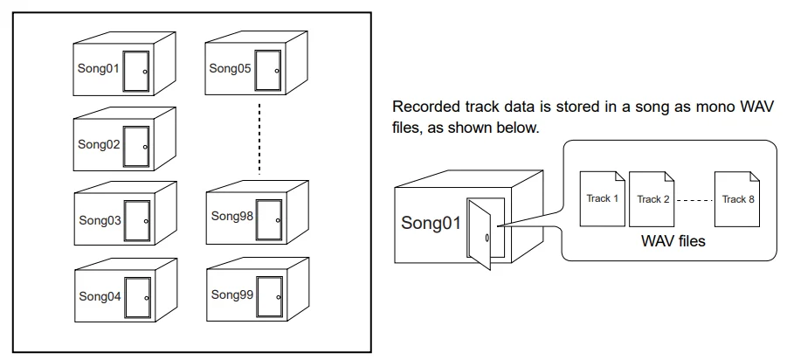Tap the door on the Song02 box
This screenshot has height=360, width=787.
pyautogui.click(x=136, y=145)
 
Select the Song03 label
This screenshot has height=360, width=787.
pyautogui.click(x=100, y=221)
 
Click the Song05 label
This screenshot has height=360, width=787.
pyautogui.click(x=230, y=67)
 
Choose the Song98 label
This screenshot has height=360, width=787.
pyautogui.click(x=231, y=216)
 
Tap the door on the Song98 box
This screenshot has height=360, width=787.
pyautogui.click(x=268, y=218)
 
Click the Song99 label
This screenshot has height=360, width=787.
pyautogui.click(x=231, y=294)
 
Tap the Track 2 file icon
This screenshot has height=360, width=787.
pyautogui.click(x=653, y=200)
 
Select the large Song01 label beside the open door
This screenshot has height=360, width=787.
pyautogui.click(x=431, y=223)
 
